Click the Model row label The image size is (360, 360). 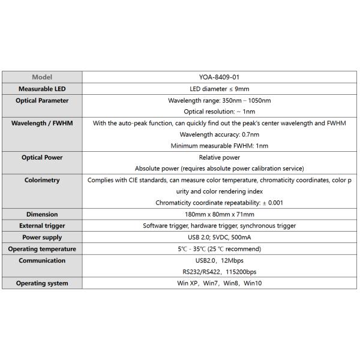(x=42, y=77)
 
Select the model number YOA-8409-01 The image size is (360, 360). (x=219, y=77)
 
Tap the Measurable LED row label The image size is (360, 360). (x=42, y=89)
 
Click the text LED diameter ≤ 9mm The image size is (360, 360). (x=219, y=89)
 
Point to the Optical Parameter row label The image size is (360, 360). (x=42, y=100)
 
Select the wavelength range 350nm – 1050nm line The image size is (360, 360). (x=219, y=100)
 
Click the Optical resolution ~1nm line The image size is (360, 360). (x=219, y=112)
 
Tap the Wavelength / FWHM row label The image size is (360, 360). (x=42, y=123)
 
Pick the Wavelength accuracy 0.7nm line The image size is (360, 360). (x=219, y=134)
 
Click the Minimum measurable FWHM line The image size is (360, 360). (x=219, y=146)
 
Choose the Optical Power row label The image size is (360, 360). (x=42, y=157)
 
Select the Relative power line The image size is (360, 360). (x=219, y=157)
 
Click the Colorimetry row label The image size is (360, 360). (x=42, y=180)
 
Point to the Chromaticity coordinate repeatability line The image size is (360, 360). (x=219, y=203)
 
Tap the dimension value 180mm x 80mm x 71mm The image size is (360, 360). (x=219, y=214)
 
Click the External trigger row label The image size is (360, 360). (x=42, y=226)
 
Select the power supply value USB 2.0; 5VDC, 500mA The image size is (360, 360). (x=219, y=237)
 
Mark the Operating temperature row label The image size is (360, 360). (x=42, y=248)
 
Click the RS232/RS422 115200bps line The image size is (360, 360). (x=219, y=271)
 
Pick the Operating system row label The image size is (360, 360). (x=42, y=283)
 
